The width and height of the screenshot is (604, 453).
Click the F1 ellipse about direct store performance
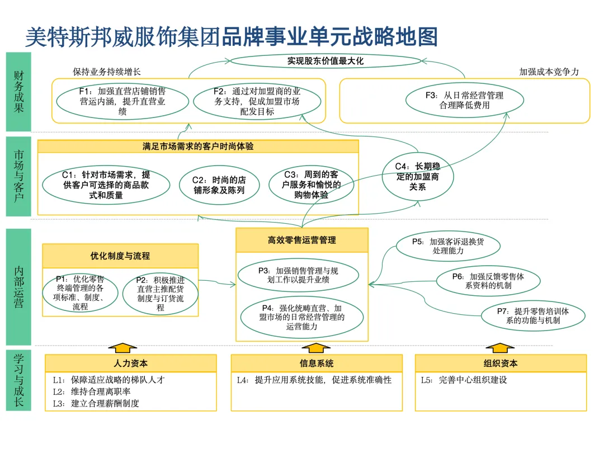[122, 101]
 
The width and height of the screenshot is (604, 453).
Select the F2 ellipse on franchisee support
[257, 101]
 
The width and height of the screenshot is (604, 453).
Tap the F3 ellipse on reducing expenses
[464, 100]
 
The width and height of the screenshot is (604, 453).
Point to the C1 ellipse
[106, 185]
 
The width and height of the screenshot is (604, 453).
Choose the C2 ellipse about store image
[219, 185]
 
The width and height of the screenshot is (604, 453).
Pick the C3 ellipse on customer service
[312, 185]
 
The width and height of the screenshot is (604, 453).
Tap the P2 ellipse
[160, 292]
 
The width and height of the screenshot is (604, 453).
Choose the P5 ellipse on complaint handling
[448, 247]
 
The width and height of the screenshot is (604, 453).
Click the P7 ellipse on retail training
[533, 315]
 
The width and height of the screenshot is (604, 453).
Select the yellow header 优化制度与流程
[120, 256]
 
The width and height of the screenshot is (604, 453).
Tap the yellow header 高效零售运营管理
[301, 240]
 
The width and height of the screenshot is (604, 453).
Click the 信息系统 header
[317, 364]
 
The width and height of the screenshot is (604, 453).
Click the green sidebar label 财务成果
[19, 92]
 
